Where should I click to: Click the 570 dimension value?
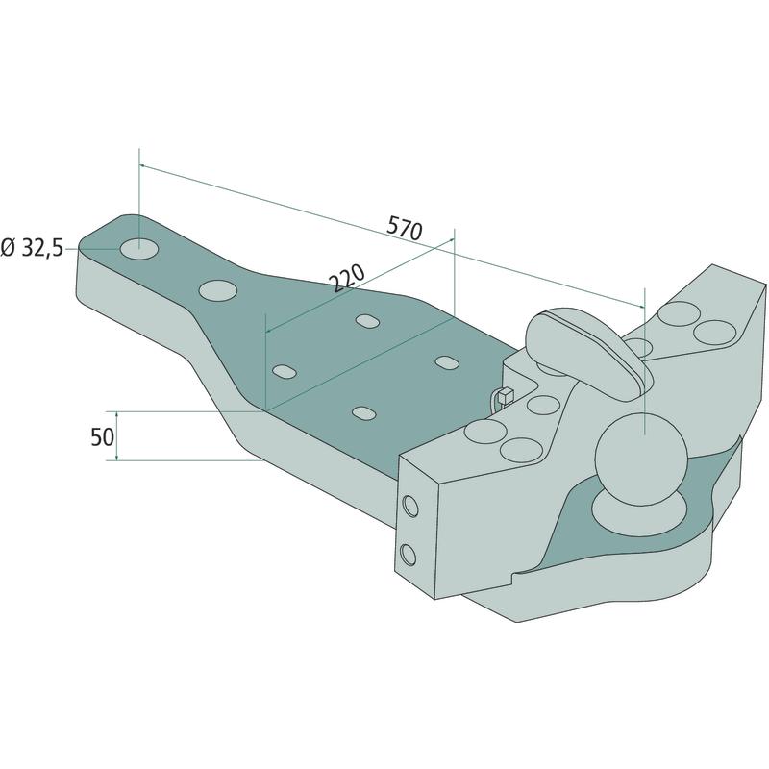click(x=404, y=228)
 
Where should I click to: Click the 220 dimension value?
click(x=347, y=278)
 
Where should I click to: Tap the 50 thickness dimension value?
click(x=103, y=436)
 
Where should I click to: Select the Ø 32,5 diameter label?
click(x=33, y=248)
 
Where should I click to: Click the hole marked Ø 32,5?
click(x=139, y=249)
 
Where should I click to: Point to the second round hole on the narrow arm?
click(x=218, y=290)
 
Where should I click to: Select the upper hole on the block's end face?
click(x=410, y=506)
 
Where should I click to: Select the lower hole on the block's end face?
click(x=408, y=555)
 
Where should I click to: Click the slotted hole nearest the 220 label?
click(x=368, y=321)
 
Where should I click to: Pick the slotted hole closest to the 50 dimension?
click(x=364, y=413)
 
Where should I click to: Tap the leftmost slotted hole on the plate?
click(x=285, y=371)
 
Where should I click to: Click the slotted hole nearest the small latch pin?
click(x=447, y=362)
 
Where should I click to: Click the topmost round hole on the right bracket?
click(x=679, y=313)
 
